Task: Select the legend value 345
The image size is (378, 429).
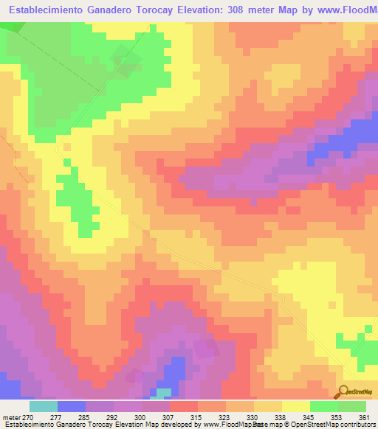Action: (x=309, y=416)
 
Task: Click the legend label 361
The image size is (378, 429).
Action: (x=363, y=416)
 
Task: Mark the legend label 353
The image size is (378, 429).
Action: (x=337, y=416)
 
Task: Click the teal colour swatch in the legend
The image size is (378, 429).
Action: (x=43, y=406)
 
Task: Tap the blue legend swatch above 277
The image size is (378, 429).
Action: (x=71, y=406)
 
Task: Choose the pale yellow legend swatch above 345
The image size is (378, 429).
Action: (x=295, y=406)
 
